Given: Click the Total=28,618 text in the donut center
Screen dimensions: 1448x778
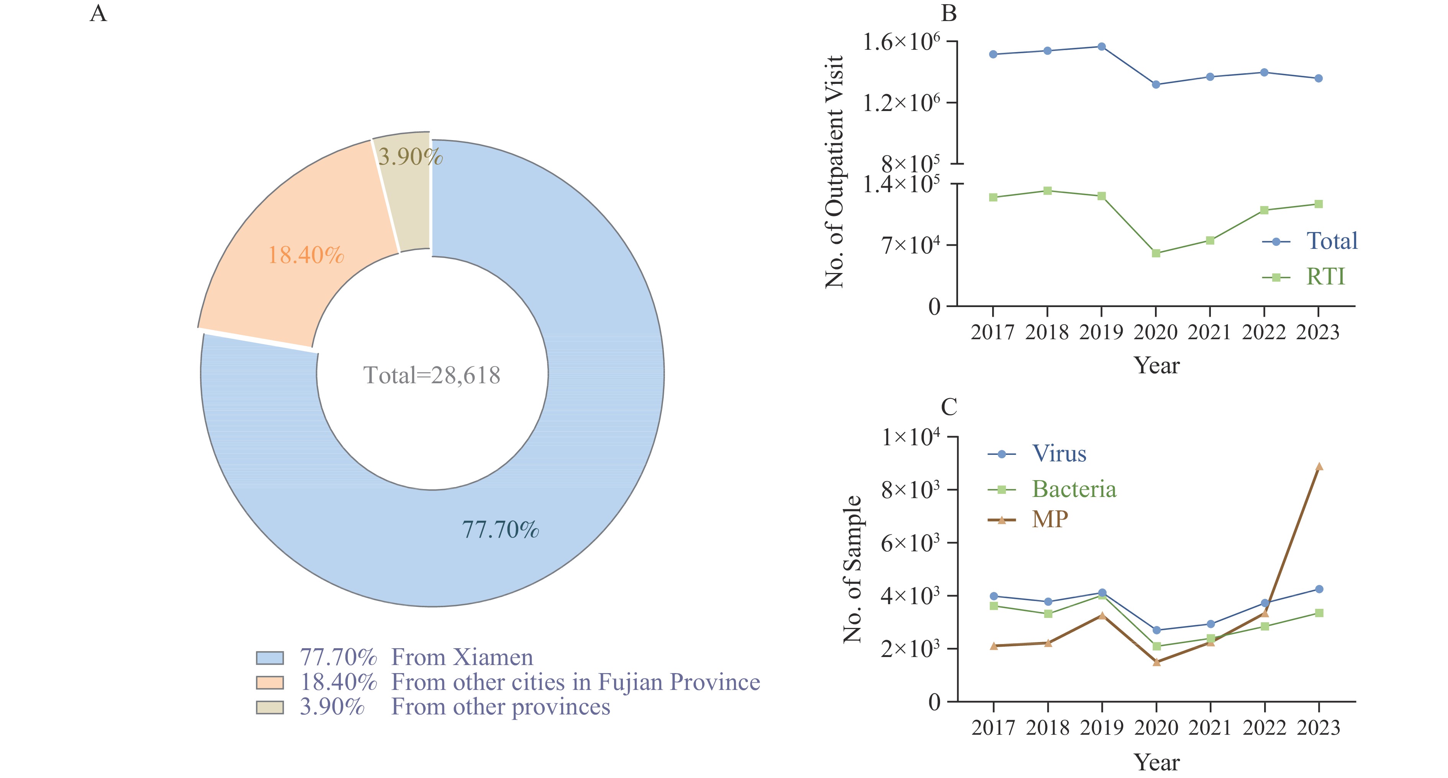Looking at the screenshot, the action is pos(432,375).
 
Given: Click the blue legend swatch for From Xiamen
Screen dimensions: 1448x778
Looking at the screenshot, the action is pos(270,658).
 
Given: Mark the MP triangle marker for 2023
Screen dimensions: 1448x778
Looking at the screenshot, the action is pos(1319,466).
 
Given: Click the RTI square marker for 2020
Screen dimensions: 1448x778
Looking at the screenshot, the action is pos(1156,253).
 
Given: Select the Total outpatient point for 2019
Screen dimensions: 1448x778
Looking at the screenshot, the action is pos(1102,47).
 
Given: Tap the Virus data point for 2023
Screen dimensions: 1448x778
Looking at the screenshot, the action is pos(1319,589).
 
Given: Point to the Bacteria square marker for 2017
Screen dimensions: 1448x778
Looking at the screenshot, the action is pos(994,606).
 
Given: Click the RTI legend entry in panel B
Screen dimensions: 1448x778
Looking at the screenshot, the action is pos(1304,277).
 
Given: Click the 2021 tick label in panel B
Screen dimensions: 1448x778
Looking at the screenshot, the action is pos(1210,333).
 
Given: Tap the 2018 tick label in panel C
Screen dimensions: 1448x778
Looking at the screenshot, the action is pos(1048,728).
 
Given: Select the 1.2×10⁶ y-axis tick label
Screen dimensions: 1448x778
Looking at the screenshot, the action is pos(901,103).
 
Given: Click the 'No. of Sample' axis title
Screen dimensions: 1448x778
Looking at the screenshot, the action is pos(852,569).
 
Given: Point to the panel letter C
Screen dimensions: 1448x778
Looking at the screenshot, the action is pos(949,407).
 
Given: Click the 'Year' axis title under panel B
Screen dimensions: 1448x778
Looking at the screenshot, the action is pos(1157,366).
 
